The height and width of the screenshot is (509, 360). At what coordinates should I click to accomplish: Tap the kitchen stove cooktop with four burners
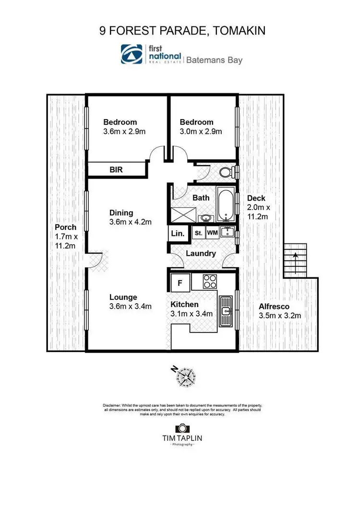point(210,281)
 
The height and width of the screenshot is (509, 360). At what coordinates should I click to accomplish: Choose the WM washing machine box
point(212,233)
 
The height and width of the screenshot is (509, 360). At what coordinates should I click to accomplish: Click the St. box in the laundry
point(198,233)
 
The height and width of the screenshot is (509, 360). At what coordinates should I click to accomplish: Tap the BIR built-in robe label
point(116,169)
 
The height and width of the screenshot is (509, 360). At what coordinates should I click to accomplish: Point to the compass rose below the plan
point(185,376)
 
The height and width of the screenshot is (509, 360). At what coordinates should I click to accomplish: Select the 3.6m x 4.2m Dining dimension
point(131,222)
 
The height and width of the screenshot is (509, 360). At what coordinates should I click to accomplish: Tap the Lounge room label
point(123,297)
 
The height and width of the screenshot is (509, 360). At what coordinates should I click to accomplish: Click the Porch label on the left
point(65,227)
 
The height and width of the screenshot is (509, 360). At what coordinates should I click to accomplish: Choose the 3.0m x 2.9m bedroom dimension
point(201,131)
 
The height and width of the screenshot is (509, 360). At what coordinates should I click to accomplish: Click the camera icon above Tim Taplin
point(181,429)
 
